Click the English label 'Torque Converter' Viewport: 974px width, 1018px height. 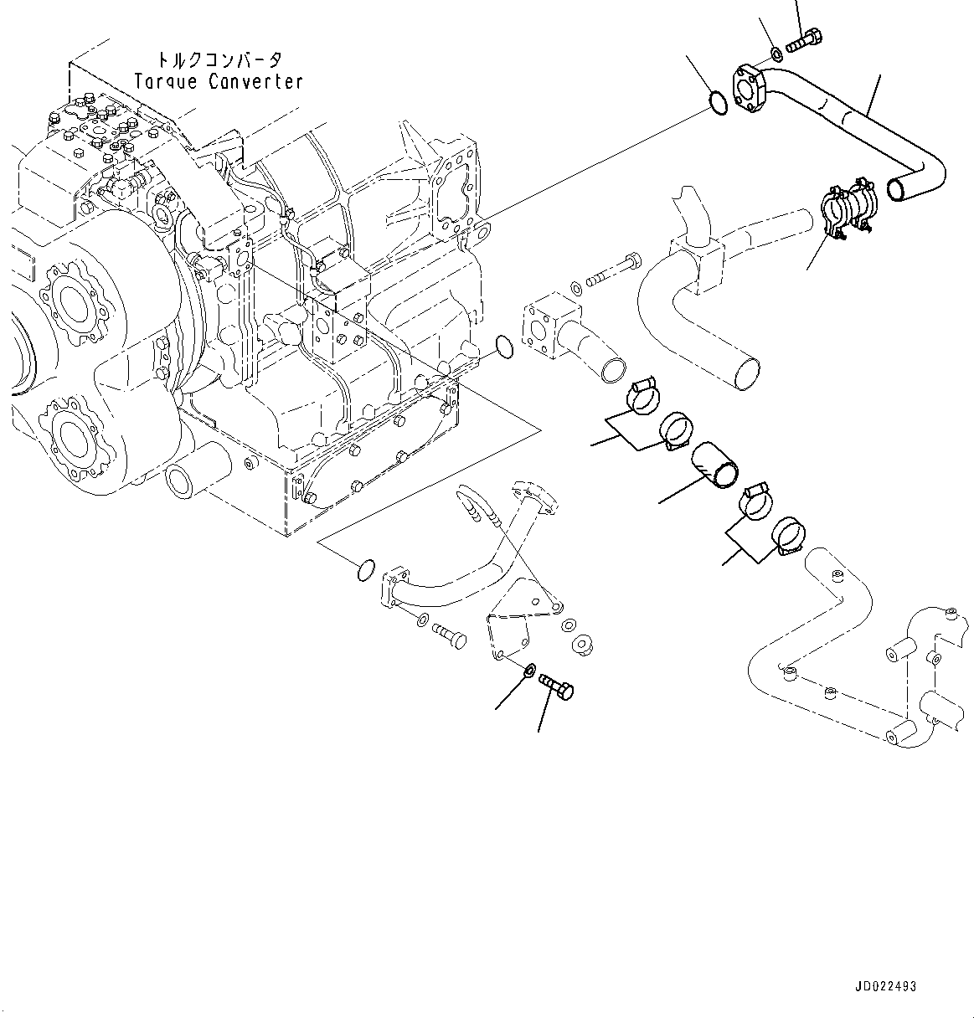click(218, 81)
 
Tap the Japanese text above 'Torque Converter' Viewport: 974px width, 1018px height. click(219, 60)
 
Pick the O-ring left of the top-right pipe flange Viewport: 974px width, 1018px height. click(715, 103)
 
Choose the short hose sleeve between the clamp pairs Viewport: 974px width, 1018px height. click(714, 465)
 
